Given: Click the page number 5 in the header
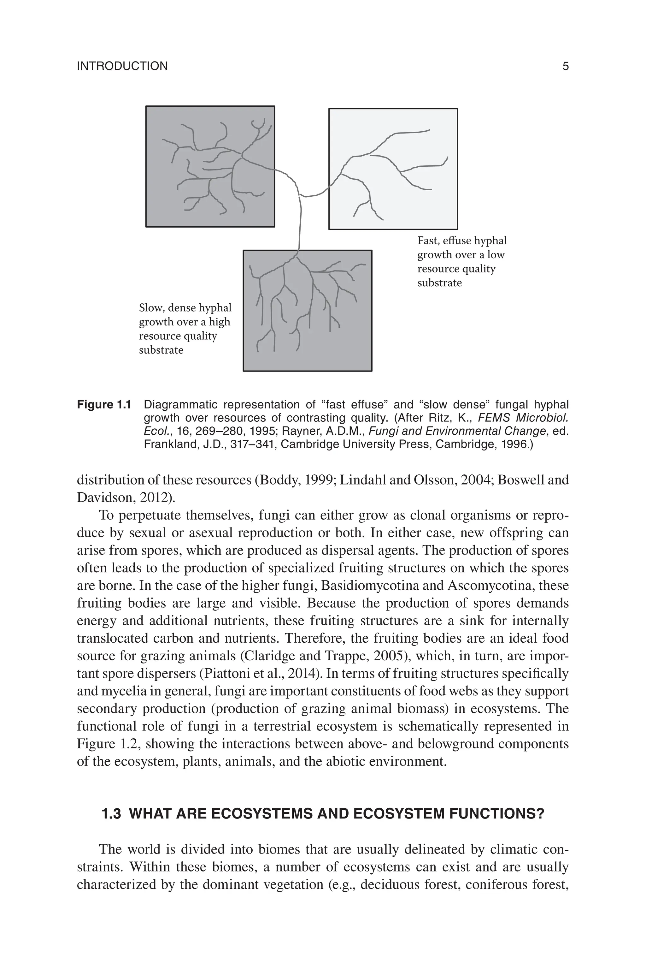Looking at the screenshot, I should tap(565, 66).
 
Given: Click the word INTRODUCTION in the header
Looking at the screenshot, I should tap(122, 66).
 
